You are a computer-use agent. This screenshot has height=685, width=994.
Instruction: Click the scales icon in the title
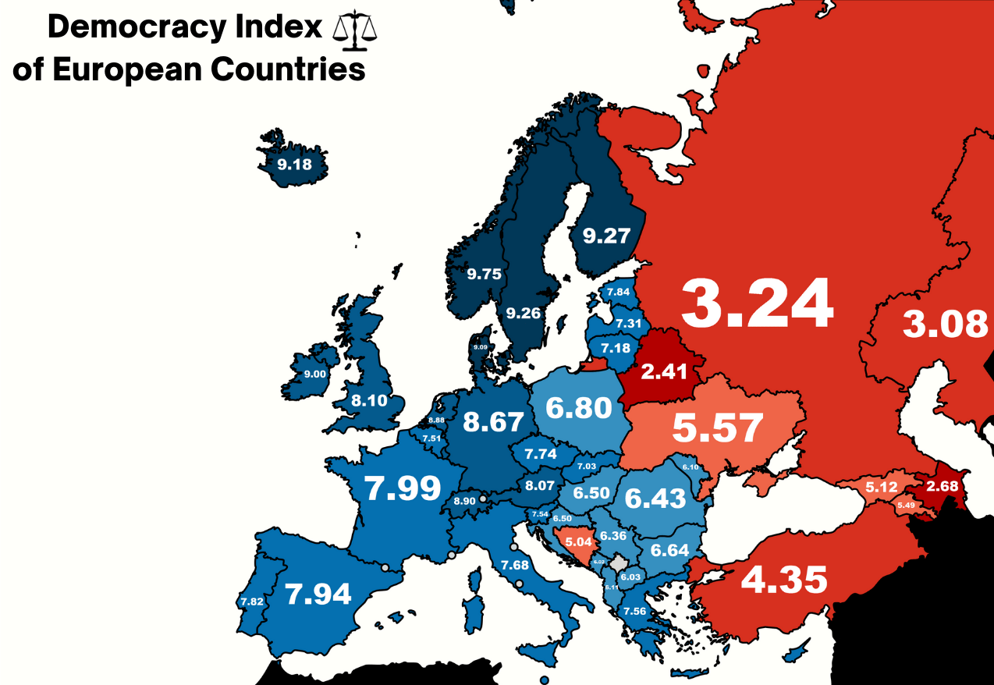coord(354,28)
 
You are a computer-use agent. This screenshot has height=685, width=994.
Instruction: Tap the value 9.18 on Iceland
coord(294,165)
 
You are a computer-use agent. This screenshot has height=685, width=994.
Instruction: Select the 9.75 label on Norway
coord(484,274)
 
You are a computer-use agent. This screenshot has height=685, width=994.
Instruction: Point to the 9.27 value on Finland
coord(606,235)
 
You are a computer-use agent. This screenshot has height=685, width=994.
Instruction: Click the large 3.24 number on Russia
coord(757,304)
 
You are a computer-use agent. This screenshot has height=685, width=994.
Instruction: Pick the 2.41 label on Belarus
coord(664,371)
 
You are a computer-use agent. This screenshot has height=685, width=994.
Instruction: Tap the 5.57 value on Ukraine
coord(717,428)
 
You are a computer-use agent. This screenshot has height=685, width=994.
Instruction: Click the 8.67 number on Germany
coord(492,422)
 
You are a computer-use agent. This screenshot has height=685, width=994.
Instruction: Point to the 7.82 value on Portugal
coord(252,602)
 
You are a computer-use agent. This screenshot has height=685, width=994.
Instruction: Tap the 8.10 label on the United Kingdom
coord(368,401)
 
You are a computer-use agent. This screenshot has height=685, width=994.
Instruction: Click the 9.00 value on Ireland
coord(315,374)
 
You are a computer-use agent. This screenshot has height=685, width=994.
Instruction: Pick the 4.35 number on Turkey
coord(783,580)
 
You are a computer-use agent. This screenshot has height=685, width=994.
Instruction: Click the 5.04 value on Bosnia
coord(579,541)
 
